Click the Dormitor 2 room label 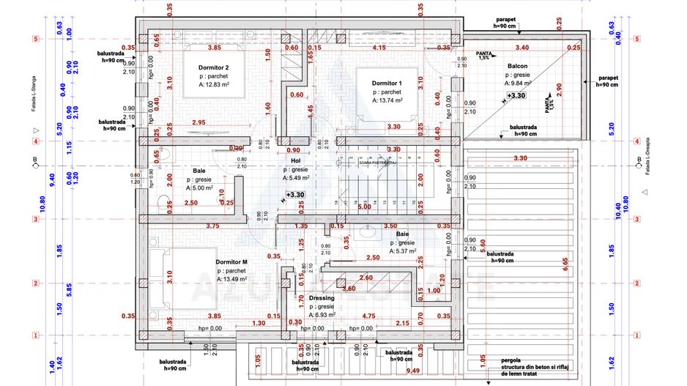point(213,68)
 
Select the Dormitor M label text point(231,261)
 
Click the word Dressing point(322,298)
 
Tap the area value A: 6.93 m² point(322,314)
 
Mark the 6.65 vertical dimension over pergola point(565,264)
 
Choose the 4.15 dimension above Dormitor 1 point(379,48)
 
